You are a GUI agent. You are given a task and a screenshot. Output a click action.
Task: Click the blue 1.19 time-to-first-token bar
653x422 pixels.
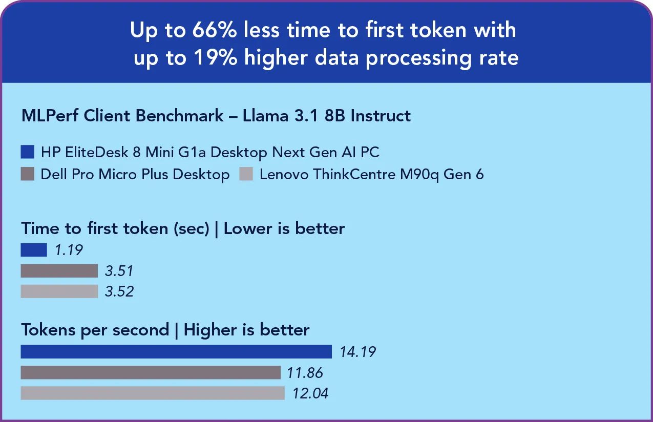tap(34, 250)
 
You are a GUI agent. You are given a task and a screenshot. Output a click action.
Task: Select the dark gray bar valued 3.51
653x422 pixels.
tap(59, 270)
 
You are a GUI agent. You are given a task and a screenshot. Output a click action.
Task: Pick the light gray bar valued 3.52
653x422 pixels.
tap(59, 291)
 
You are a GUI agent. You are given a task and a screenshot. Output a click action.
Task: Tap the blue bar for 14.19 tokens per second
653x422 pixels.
tap(176, 352)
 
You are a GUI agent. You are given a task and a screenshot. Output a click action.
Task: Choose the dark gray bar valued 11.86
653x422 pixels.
tap(151, 372)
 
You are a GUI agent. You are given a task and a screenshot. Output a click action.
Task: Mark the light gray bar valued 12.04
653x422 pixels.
tap(153, 393)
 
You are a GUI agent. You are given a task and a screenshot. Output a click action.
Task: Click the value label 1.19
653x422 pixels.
tap(68, 250)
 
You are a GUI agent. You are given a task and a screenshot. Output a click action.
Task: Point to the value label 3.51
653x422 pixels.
tap(119, 270)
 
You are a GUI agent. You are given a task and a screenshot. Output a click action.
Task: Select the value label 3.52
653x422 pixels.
tap(119, 291)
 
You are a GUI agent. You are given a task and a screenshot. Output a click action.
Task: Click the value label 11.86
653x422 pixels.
tap(305, 372)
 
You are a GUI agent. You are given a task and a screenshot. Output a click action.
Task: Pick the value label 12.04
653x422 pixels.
tap(310, 393)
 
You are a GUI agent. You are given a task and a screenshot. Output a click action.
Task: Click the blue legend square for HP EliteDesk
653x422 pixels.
tap(28, 152)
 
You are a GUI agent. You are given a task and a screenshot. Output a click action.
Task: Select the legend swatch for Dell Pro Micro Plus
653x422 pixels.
tap(28, 174)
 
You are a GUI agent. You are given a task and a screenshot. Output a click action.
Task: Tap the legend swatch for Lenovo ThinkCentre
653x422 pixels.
tap(246, 174)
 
